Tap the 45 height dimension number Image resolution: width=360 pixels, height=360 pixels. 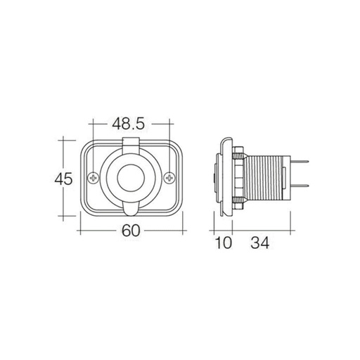pyautogui.click(x=64, y=179)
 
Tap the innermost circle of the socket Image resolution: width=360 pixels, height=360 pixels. pyautogui.click(x=131, y=179)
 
